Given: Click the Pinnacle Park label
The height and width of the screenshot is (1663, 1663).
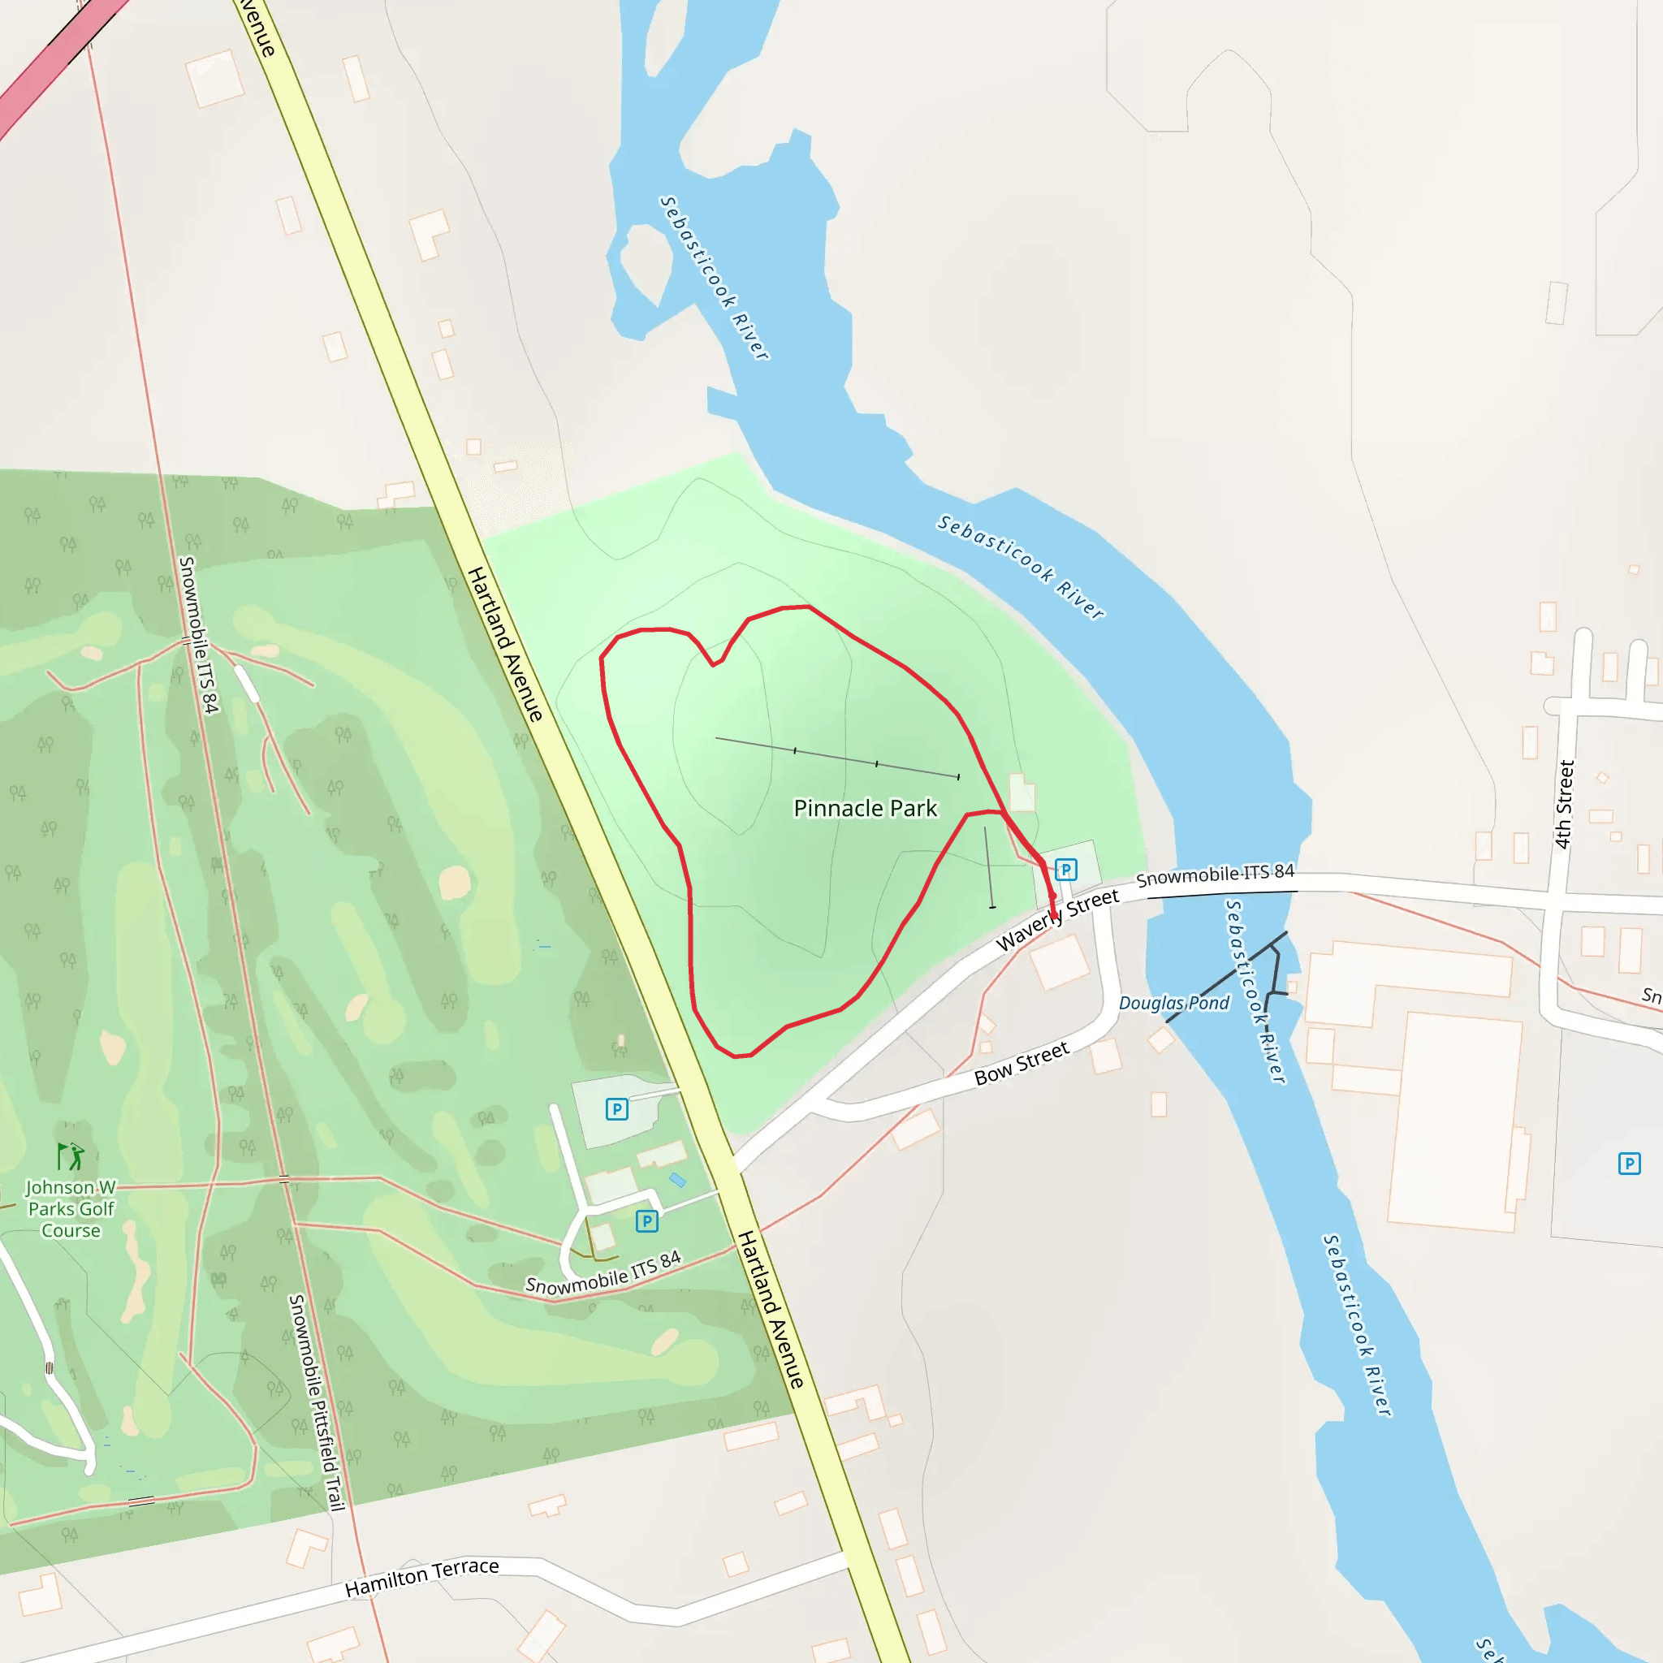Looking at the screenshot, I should pyautogui.click(x=865, y=808).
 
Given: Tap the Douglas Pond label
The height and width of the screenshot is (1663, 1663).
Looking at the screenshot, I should pyautogui.click(x=1174, y=1003).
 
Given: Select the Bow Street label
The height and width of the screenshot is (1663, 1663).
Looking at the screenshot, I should pyautogui.click(x=1021, y=1063).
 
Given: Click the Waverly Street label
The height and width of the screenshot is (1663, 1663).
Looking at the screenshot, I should pyautogui.click(x=1057, y=920).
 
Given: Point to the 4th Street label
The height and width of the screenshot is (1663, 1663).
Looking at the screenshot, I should pyautogui.click(x=1564, y=804).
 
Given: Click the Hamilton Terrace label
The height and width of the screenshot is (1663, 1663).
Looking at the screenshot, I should pyautogui.click(x=421, y=1577).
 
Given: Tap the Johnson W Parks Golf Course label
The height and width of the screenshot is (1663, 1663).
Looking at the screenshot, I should pyautogui.click(x=71, y=1208).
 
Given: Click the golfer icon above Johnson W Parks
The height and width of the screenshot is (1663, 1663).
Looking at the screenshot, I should pyautogui.click(x=71, y=1156).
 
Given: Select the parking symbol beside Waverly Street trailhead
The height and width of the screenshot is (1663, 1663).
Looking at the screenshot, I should pyautogui.click(x=1065, y=870).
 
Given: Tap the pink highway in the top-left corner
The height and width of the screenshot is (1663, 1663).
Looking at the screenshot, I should pyautogui.click(x=52, y=60).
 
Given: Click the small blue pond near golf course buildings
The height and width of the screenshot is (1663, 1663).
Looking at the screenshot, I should pyautogui.click(x=678, y=1179).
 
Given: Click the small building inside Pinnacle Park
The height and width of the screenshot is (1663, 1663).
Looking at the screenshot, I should pyautogui.click(x=1022, y=793).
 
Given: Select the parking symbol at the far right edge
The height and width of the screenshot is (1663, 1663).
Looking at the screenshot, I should pyautogui.click(x=1630, y=1164).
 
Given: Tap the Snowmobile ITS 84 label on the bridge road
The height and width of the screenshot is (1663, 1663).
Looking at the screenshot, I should pyautogui.click(x=1215, y=875).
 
